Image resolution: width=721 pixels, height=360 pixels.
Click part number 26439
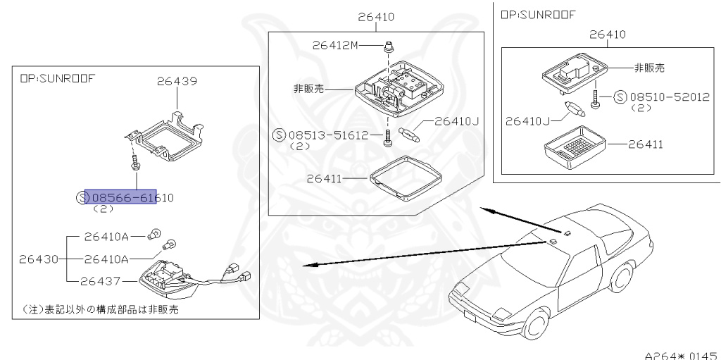pos(177,81)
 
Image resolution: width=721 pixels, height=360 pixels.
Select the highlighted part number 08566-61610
pos(120,198)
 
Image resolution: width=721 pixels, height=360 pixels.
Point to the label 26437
pos(101,281)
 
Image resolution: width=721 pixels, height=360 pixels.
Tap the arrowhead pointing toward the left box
pos(305,266)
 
